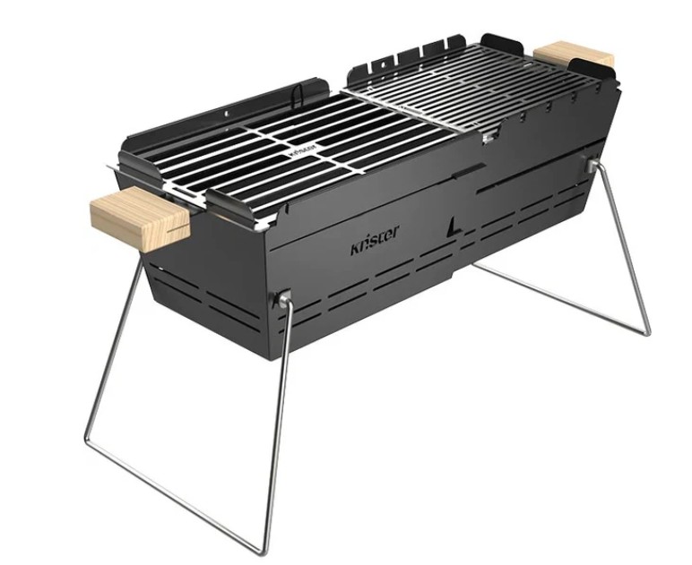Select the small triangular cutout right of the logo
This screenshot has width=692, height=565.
point(457,227)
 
